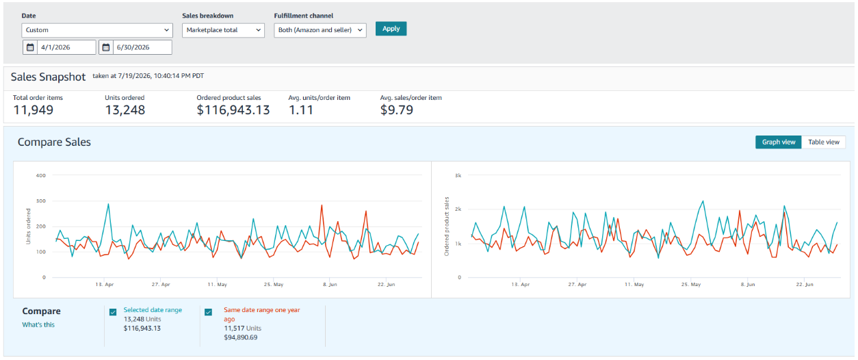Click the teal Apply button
391,29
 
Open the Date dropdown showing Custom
97,30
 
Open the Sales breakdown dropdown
223,30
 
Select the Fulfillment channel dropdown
320,30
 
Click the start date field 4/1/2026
66,47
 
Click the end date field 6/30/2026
142,47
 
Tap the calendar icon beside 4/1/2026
30,47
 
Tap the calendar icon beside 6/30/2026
106,47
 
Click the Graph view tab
779,142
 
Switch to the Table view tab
824,142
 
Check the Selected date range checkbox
113,312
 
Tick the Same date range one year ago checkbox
208,312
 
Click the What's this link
38,325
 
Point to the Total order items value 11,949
34,110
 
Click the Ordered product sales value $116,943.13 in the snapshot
233,110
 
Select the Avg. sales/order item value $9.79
396,110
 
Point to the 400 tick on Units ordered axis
40,175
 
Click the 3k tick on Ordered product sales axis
458,175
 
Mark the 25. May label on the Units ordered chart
274,285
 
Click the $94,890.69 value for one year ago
241,337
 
